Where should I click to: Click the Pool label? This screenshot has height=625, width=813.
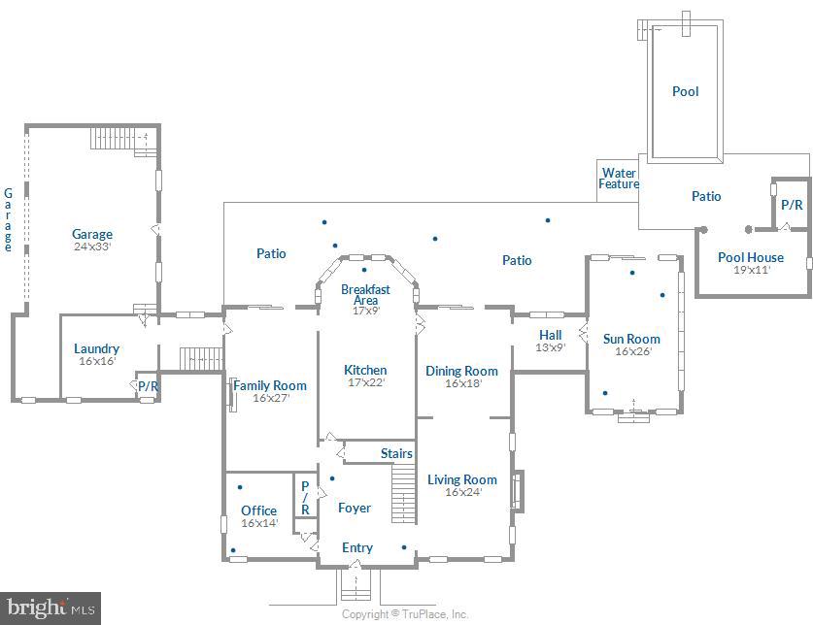click(685, 91)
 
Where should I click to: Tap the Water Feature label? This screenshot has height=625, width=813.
click(619, 179)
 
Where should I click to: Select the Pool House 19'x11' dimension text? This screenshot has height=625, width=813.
click(751, 270)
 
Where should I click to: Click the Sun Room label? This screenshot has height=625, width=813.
click(631, 339)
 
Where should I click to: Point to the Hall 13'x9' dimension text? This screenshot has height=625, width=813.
click(551, 347)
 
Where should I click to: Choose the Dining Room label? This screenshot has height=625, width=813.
click(461, 371)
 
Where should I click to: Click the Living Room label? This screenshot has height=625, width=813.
click(462, 479)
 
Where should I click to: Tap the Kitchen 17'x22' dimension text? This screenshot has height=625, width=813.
click(365, 382)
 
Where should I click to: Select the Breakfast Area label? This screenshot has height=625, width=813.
click(365, 294)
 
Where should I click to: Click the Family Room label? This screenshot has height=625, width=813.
click(270, 385)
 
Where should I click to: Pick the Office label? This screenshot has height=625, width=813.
click(259, 510)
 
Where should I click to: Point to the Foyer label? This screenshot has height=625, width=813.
click(355, 508)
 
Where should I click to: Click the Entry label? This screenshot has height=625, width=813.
click(357, 547)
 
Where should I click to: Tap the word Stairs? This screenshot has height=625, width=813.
click(396, 453)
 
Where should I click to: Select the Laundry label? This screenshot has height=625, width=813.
click(97, 348)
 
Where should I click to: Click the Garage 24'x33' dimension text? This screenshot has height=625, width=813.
click(92, 247)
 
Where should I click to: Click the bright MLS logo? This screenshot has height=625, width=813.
click(50, 609)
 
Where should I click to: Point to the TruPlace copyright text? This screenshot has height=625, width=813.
click(405, 614)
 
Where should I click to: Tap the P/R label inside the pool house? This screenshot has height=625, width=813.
click(792, 205)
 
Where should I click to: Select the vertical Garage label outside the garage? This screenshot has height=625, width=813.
click(9, 220)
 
